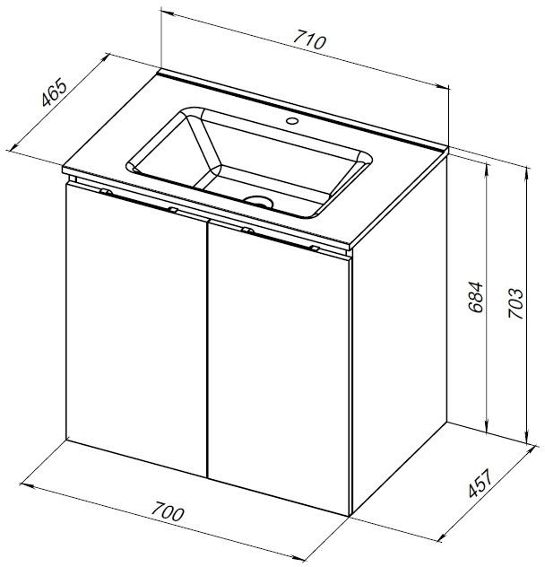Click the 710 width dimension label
[x=309, y=39]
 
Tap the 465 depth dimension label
[x=54, y=93]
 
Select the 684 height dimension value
[x=475, y=297]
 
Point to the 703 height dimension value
[x=515, y=303]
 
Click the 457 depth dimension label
[x=480, y=483]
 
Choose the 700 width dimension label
[x=167, y=512]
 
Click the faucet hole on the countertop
[x=291, y=121]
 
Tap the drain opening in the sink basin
[x=258, y=201]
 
